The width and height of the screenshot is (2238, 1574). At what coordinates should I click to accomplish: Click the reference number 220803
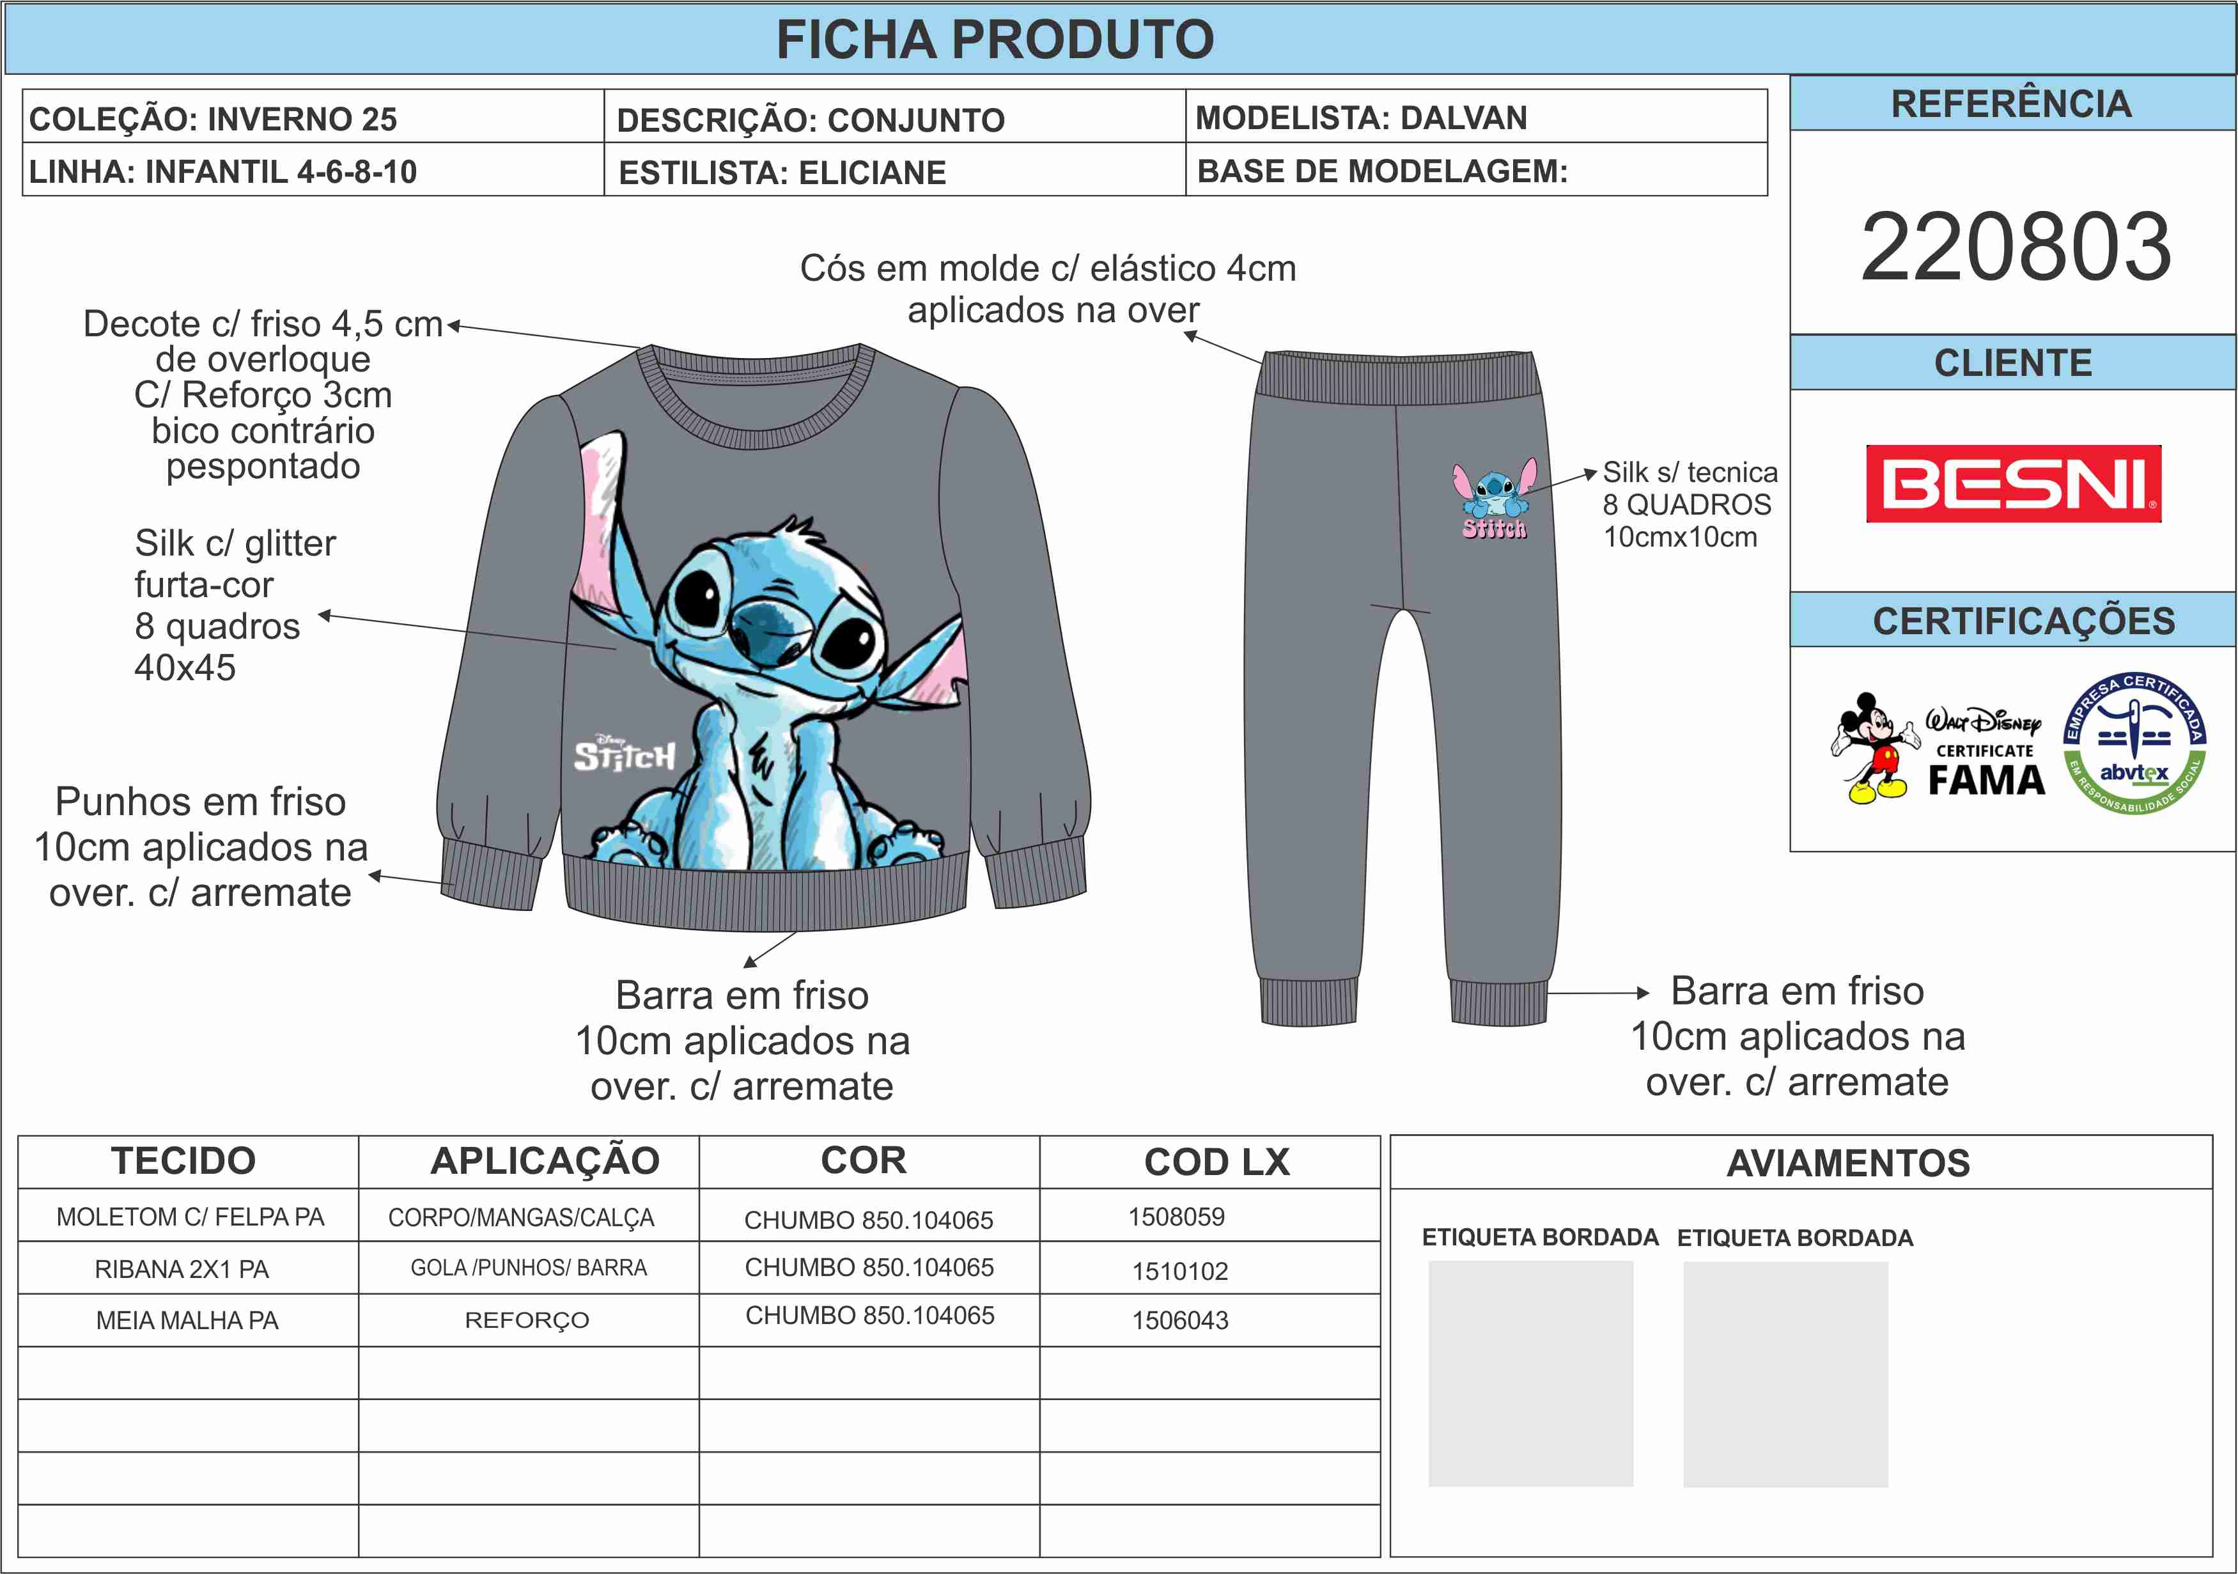[2015, 247]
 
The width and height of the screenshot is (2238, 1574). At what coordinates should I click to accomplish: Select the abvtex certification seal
[2134, 744]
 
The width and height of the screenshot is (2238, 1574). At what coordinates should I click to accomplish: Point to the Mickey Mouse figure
[1872, 747]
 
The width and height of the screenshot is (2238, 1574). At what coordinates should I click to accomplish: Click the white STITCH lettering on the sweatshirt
[624, 755]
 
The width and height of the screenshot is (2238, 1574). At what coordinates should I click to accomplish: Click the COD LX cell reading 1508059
[1176, 1217]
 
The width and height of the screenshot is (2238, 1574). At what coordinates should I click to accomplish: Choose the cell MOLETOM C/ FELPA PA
[190, 1217]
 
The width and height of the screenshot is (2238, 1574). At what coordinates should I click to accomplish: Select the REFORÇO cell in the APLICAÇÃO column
[527, 1320]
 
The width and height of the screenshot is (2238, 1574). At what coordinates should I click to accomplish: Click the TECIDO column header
[183, 1161]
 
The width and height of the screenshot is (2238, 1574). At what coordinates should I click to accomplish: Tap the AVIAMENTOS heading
[1848, 1163]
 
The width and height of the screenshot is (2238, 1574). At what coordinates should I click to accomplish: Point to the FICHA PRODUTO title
[994, 40]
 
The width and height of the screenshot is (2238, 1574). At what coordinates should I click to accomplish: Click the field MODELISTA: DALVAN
[1361, 118]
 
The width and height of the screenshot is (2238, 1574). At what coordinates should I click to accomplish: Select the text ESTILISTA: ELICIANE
[782, 173]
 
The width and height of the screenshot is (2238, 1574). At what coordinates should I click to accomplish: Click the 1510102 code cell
[1179, 1270]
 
